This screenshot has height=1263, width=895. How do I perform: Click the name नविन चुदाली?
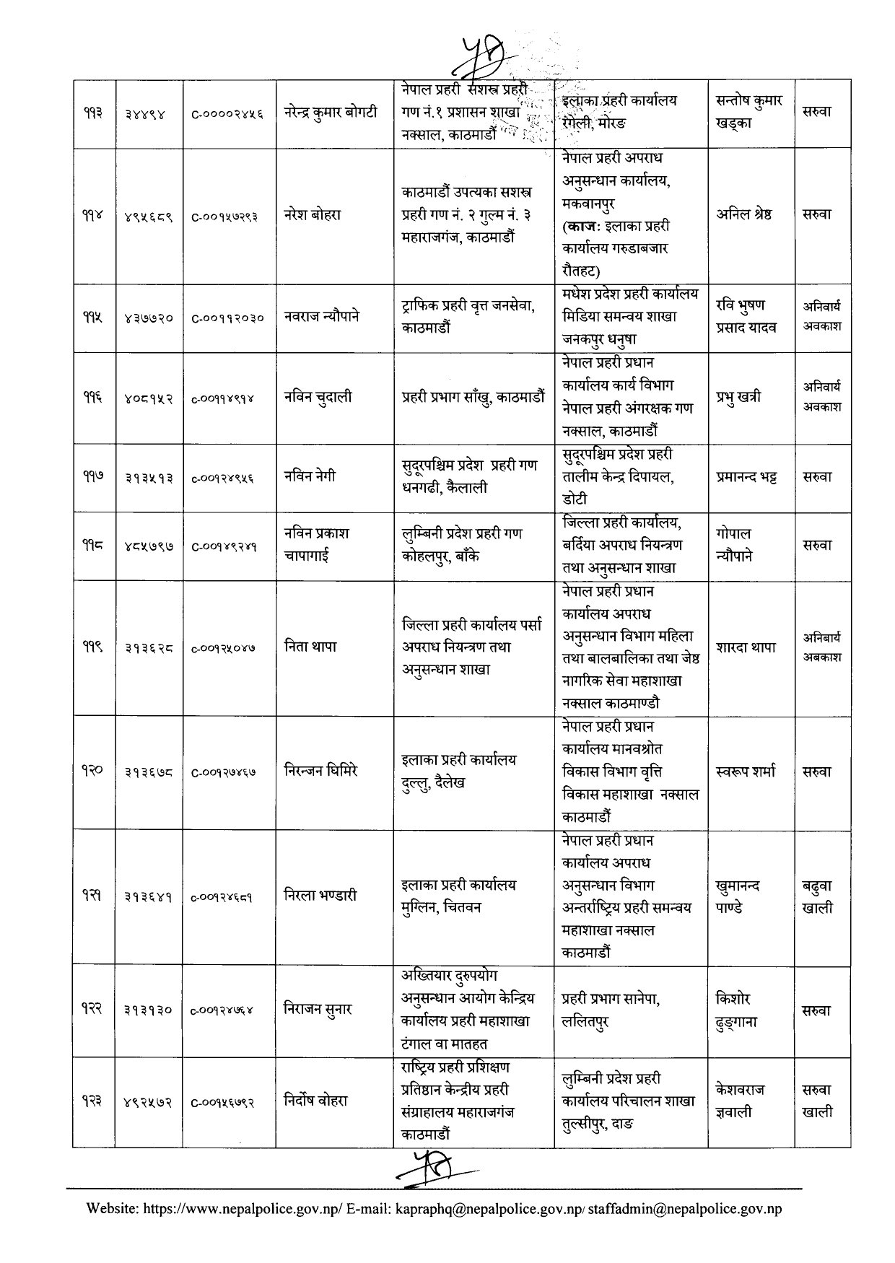pos(318,396)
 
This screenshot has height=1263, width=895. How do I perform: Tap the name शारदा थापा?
pos(746,647)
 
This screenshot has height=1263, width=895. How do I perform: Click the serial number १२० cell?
pos(93,771)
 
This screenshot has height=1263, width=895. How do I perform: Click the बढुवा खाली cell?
pos(817,896)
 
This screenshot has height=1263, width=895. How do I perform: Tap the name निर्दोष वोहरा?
pos(317,1101)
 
